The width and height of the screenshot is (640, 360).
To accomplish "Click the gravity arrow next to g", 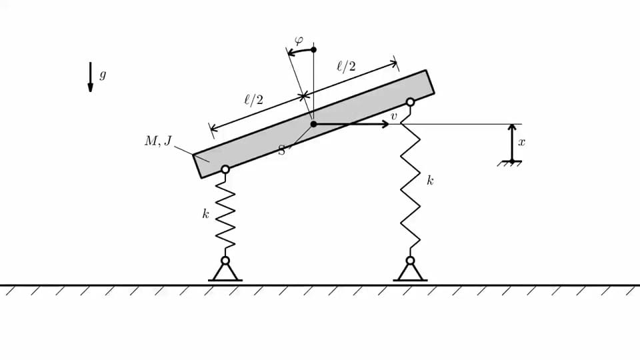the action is pyautogui.click(x=90, y=77).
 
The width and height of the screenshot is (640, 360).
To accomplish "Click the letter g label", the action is pyautogui.click(x=103, y=75).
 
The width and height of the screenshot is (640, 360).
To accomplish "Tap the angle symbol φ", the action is pyautogui.click(x=299, y=41).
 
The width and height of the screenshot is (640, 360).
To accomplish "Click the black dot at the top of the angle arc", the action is pyautogui.click(x=313, y=49).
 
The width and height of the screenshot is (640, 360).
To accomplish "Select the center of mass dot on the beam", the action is pyautogui.click(x=313, y=124).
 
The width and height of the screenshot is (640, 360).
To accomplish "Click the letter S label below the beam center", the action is pyautogui.click(x=281, y=150).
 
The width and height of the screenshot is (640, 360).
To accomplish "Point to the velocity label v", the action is pyautogui.click(x=393, y=116).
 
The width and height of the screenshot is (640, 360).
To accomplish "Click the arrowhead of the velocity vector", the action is pyautogui.click(x=385, y=124).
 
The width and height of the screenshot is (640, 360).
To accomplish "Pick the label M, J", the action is pyautogui.click(x=159, y=141).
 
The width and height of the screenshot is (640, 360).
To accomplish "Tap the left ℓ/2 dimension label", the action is pyautogui.click(x=253, y=99).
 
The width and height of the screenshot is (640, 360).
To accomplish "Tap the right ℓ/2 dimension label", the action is pyautogui.click(x=346, y=66).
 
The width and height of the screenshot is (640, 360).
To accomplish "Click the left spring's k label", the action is pyautogui.click(x=206, y=214).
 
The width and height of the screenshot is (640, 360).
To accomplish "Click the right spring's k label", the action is pyautogui.click(x=430, y=181).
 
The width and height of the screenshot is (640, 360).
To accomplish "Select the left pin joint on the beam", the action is pyautogui.click(x=225, y=169).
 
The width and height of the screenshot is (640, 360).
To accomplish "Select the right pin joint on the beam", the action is pyautogui.click(x=410, y=102).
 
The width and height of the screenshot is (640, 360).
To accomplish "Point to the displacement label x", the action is pyautogui.click(x=521, y=143).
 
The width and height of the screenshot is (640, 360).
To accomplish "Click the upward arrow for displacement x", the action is pyautogui.click(x=512, y=143).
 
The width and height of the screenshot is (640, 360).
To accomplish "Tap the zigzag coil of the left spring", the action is pyautogui.click(x=225, y=215).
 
